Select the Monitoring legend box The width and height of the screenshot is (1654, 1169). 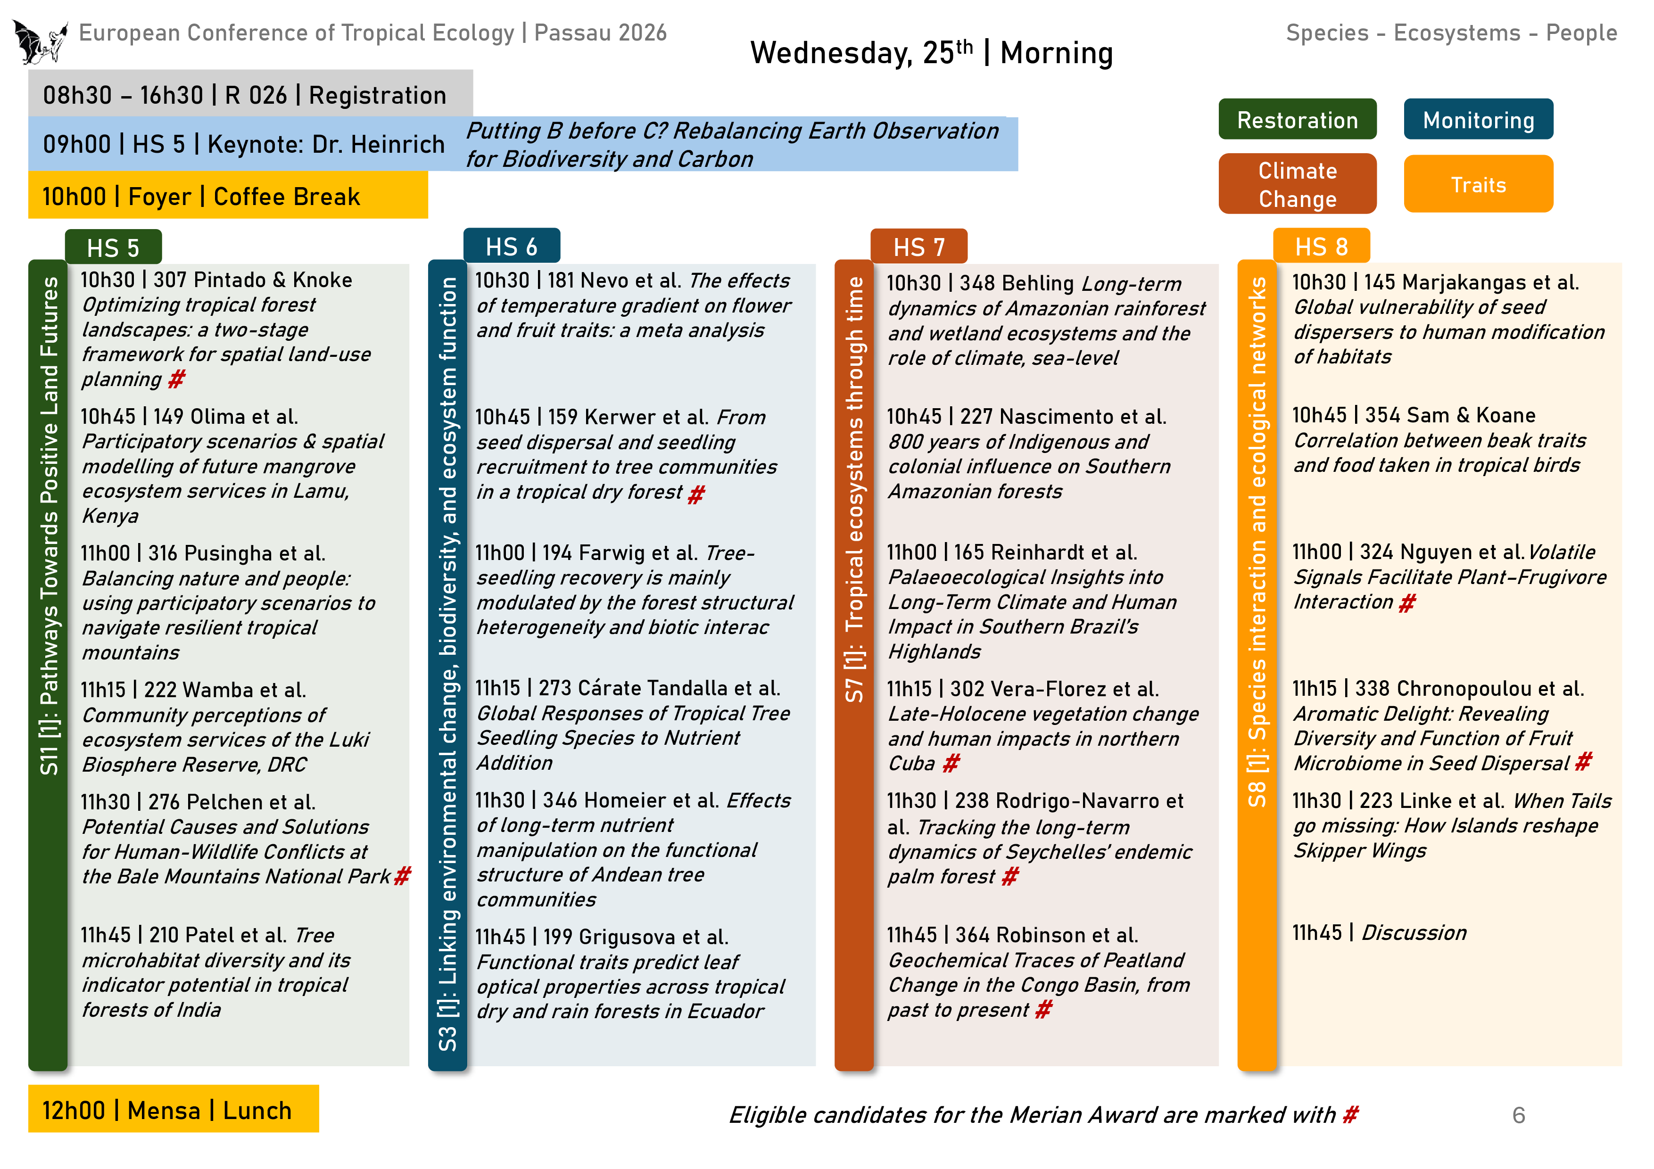pos(1478,120)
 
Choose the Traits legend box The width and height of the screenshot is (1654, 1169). pos(1478,184)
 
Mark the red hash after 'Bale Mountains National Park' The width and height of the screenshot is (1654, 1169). pos(402,876)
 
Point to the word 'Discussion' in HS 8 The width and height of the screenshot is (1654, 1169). pos(1414,933)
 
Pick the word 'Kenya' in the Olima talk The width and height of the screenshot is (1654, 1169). pos(109,516)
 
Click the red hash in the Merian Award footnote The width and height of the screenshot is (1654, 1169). pos(1349,1115)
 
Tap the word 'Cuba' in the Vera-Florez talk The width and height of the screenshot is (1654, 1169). pos(911,764)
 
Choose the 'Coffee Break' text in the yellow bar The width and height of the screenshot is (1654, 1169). pos(286,197)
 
